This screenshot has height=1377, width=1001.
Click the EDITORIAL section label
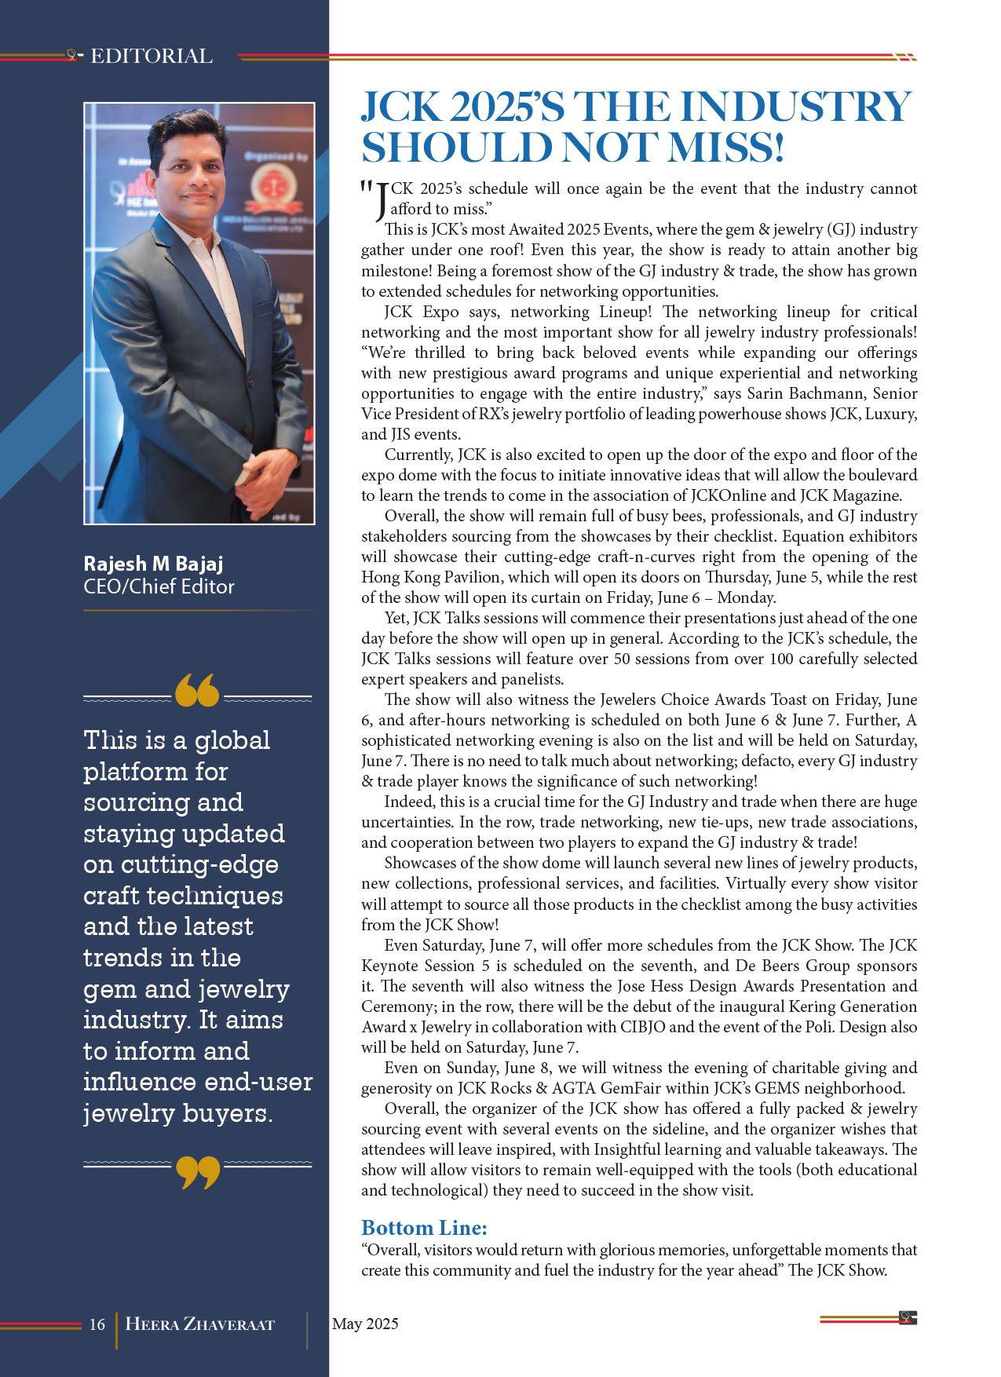tap(152, 57)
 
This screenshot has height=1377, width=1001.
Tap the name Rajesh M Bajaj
tap(154, 564)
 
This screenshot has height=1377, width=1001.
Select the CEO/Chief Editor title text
tap(159, 586)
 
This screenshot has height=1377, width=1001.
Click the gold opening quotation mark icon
tap(197, 690)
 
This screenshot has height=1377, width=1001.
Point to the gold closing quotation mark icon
tap(197, 1172)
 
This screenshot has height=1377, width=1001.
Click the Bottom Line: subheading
tap(424, 1228)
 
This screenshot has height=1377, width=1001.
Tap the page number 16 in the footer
tap(97, 1324)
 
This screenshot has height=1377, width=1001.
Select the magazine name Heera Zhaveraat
tap(200, 1324)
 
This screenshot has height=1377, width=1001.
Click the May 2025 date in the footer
tap(365, 1324)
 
